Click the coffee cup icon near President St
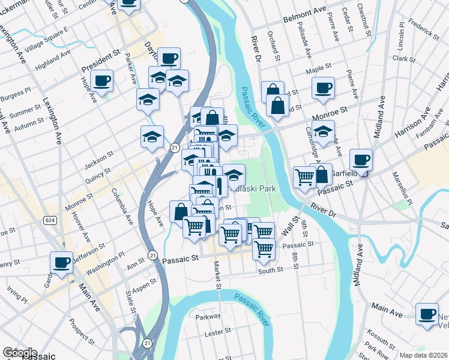103,80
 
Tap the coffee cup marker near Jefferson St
62,262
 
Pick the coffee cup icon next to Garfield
361,160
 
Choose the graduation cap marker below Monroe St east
324,131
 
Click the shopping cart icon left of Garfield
304,177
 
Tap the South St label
270,271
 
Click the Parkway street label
208,316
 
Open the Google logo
19,353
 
